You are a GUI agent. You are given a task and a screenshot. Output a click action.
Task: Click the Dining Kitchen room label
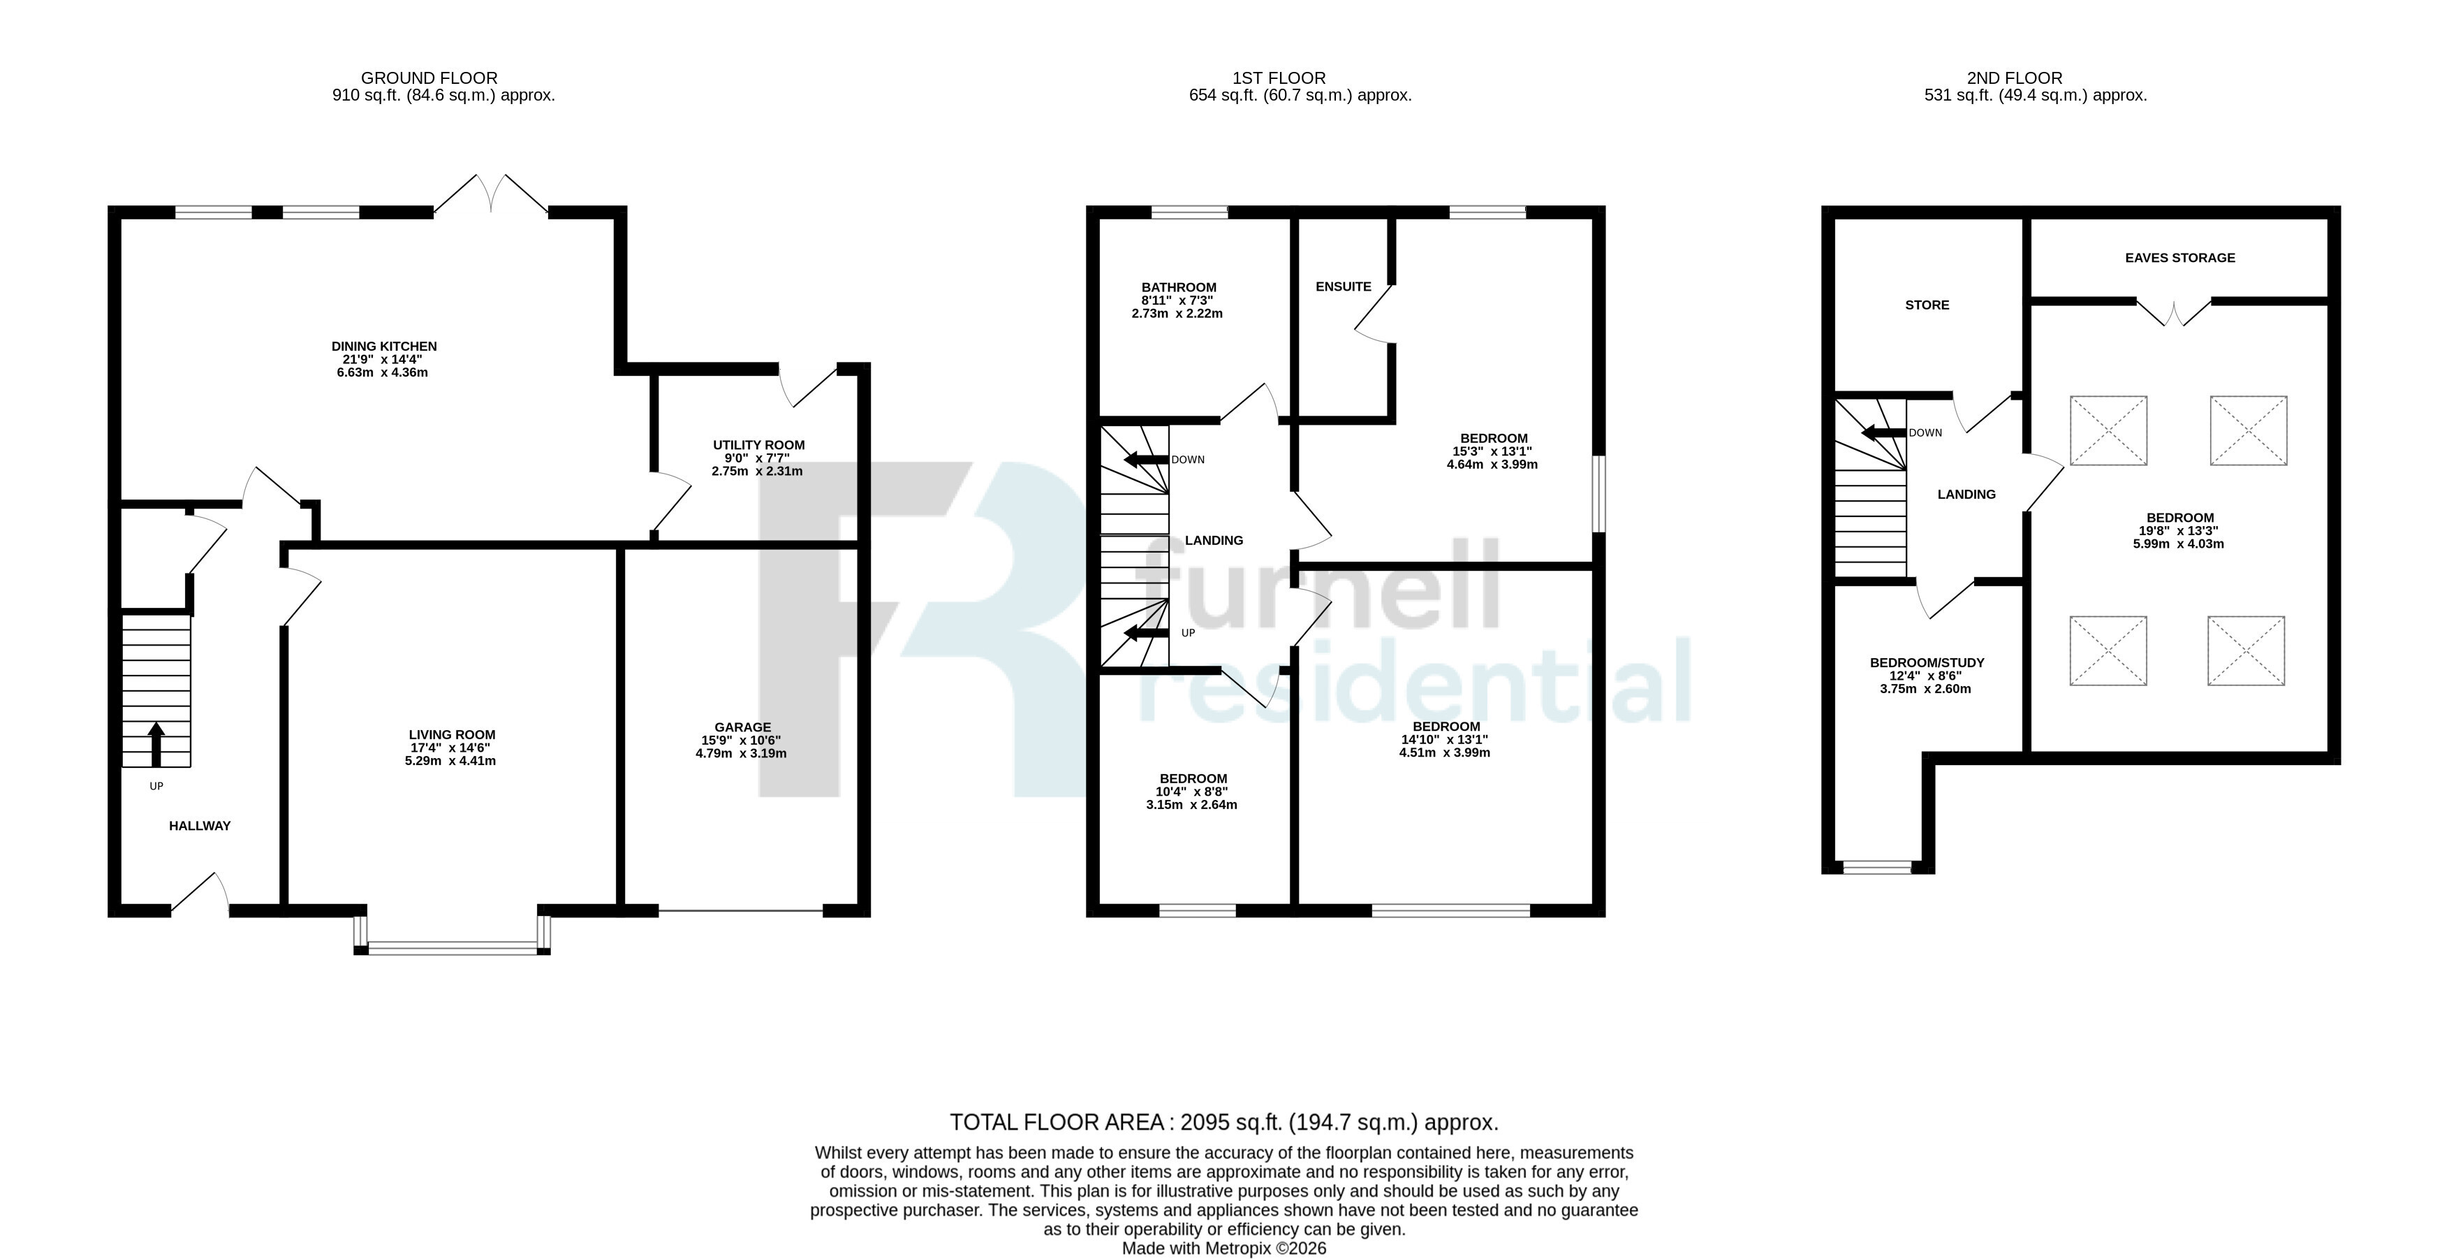click(384, 346)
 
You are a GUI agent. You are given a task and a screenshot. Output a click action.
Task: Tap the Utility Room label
click(758, 445)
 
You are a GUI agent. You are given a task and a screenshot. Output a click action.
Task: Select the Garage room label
click(742, 727)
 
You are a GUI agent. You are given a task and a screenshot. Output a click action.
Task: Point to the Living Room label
click(452, 735)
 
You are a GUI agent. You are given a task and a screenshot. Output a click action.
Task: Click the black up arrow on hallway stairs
click(156, 743)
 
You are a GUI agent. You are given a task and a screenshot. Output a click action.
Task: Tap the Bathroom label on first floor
click(1179, 287)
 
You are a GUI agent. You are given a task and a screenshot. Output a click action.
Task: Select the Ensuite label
click(1344, 286)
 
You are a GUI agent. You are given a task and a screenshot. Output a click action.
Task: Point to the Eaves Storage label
click(2180, 258)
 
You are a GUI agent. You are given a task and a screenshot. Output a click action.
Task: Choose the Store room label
click(1927, 305)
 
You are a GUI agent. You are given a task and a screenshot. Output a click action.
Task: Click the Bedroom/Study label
click(1927, 663)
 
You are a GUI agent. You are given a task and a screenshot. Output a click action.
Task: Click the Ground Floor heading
click(429, 78)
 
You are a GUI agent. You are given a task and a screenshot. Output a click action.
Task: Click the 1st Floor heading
click(1278, 78)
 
